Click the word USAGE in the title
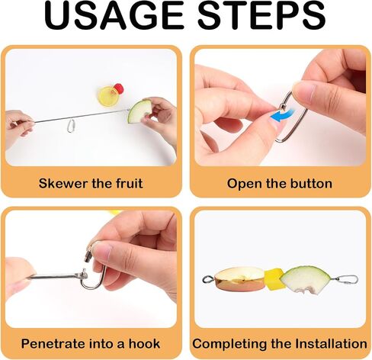coord(114,17)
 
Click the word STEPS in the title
coord(261,17)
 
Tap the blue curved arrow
coord(280,115)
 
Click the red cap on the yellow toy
coord(119,88)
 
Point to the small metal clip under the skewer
coord(71,126)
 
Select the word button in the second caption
coord(311,183)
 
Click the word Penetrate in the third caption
coord(54,344)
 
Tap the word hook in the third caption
coord(144,344)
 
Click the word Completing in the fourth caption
coord(230,344)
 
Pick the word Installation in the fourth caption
coord(331,344)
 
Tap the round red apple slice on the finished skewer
coord(239,279)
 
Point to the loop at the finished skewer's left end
coord(208,280)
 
